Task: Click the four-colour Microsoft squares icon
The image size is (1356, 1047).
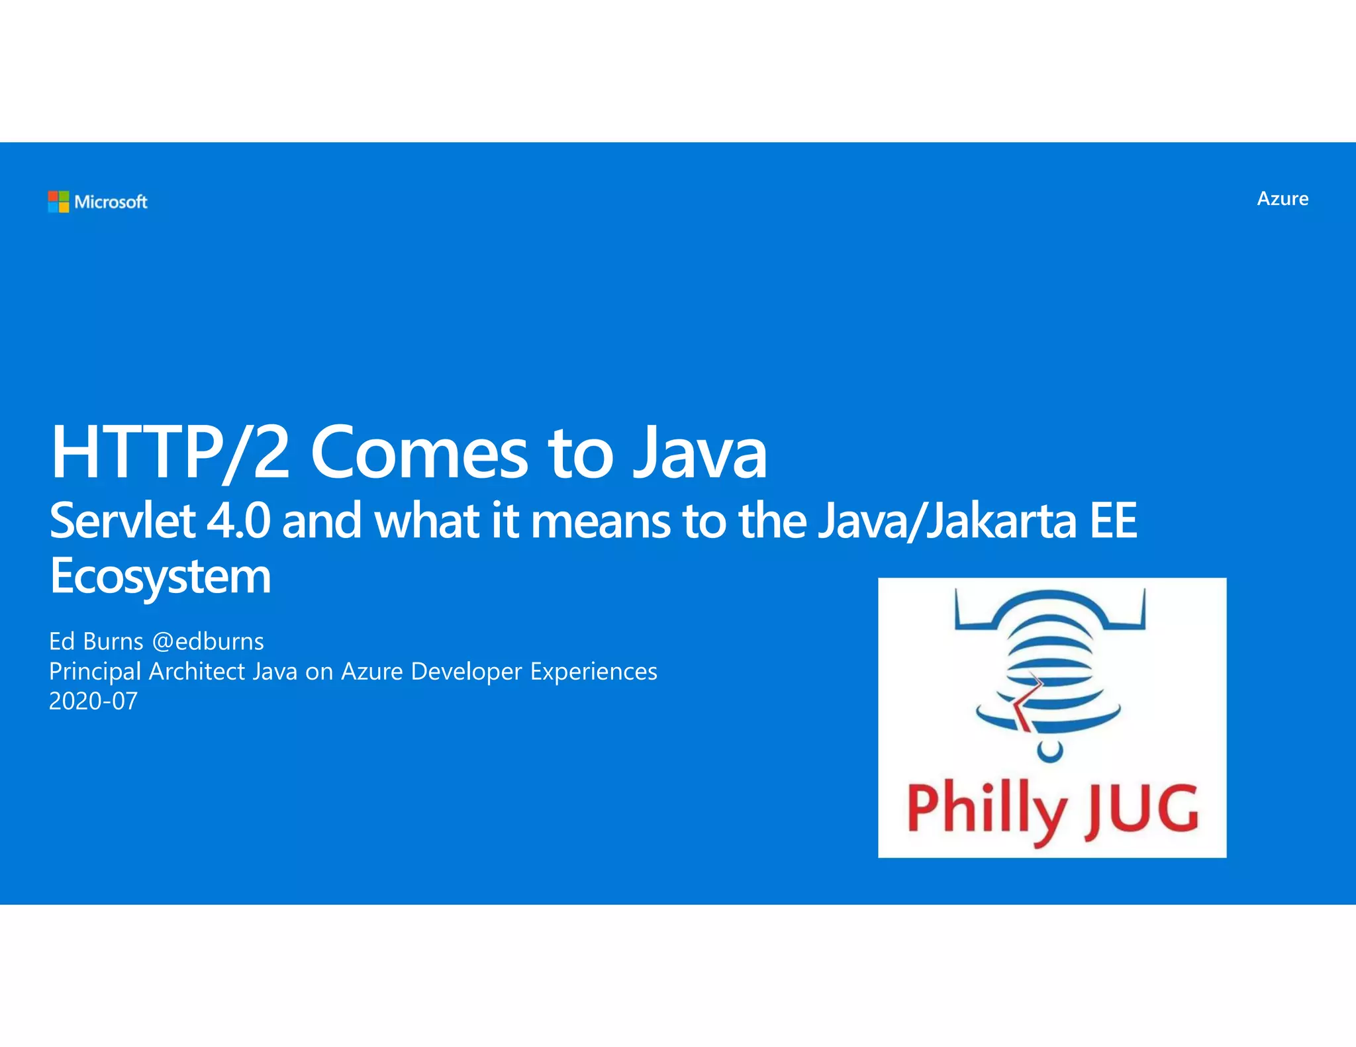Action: (x=58, y=201)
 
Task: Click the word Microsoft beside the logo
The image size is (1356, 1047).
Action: (x=111, y=202)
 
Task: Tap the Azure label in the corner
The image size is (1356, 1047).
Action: (x=1283, y=199)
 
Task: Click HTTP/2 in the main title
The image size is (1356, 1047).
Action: (x=170, y=453)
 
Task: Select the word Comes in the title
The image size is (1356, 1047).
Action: (x=419, y=453)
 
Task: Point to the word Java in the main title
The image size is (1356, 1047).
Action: (x=700, y=453)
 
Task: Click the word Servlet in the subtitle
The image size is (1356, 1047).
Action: (x=122, y=521)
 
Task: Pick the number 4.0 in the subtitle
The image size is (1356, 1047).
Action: (x=238, y=521)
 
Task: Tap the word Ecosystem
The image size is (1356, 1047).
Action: (x=160, y=576)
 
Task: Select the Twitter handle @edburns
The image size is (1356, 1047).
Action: (x=208, y=641)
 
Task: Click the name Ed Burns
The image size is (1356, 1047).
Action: (x=96, y=641)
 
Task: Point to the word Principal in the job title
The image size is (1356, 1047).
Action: (x=95, y=671)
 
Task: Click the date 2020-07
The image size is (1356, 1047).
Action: (x=93, y=701)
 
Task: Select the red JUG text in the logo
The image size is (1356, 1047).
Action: (x=1141, y=809)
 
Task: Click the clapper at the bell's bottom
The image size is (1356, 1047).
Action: (x=1049, y=751)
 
